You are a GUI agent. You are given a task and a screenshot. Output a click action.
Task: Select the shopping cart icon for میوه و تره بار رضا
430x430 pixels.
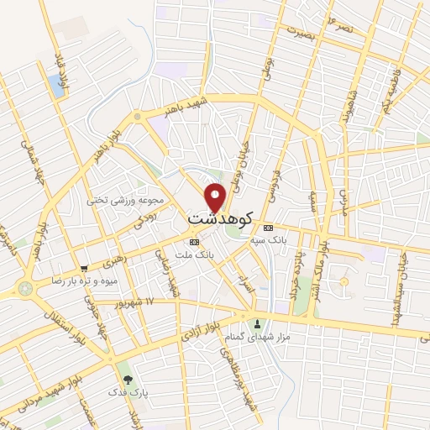(82, 268)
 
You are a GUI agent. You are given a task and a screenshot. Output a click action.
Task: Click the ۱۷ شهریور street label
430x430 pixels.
(139, 301)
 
